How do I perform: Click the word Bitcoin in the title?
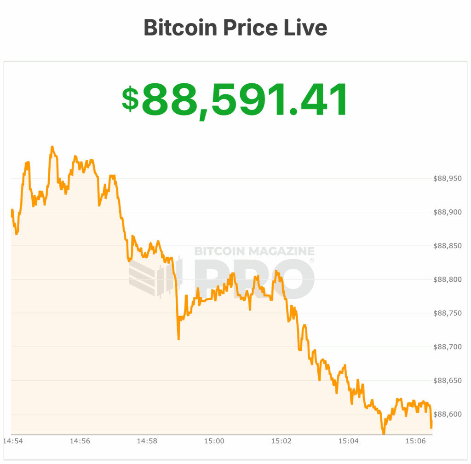180,28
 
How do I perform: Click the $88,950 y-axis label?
448,179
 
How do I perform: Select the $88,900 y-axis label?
448,212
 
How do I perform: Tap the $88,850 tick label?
448,246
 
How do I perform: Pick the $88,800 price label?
448,279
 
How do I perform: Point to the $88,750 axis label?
448,313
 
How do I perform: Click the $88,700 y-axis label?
448,347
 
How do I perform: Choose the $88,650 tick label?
448,381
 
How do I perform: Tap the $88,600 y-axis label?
448,414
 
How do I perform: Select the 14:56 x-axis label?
80,441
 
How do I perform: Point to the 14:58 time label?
147,441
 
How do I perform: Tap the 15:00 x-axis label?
214,441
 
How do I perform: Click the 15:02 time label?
281,441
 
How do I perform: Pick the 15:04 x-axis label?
348,441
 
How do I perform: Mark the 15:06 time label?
415,441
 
